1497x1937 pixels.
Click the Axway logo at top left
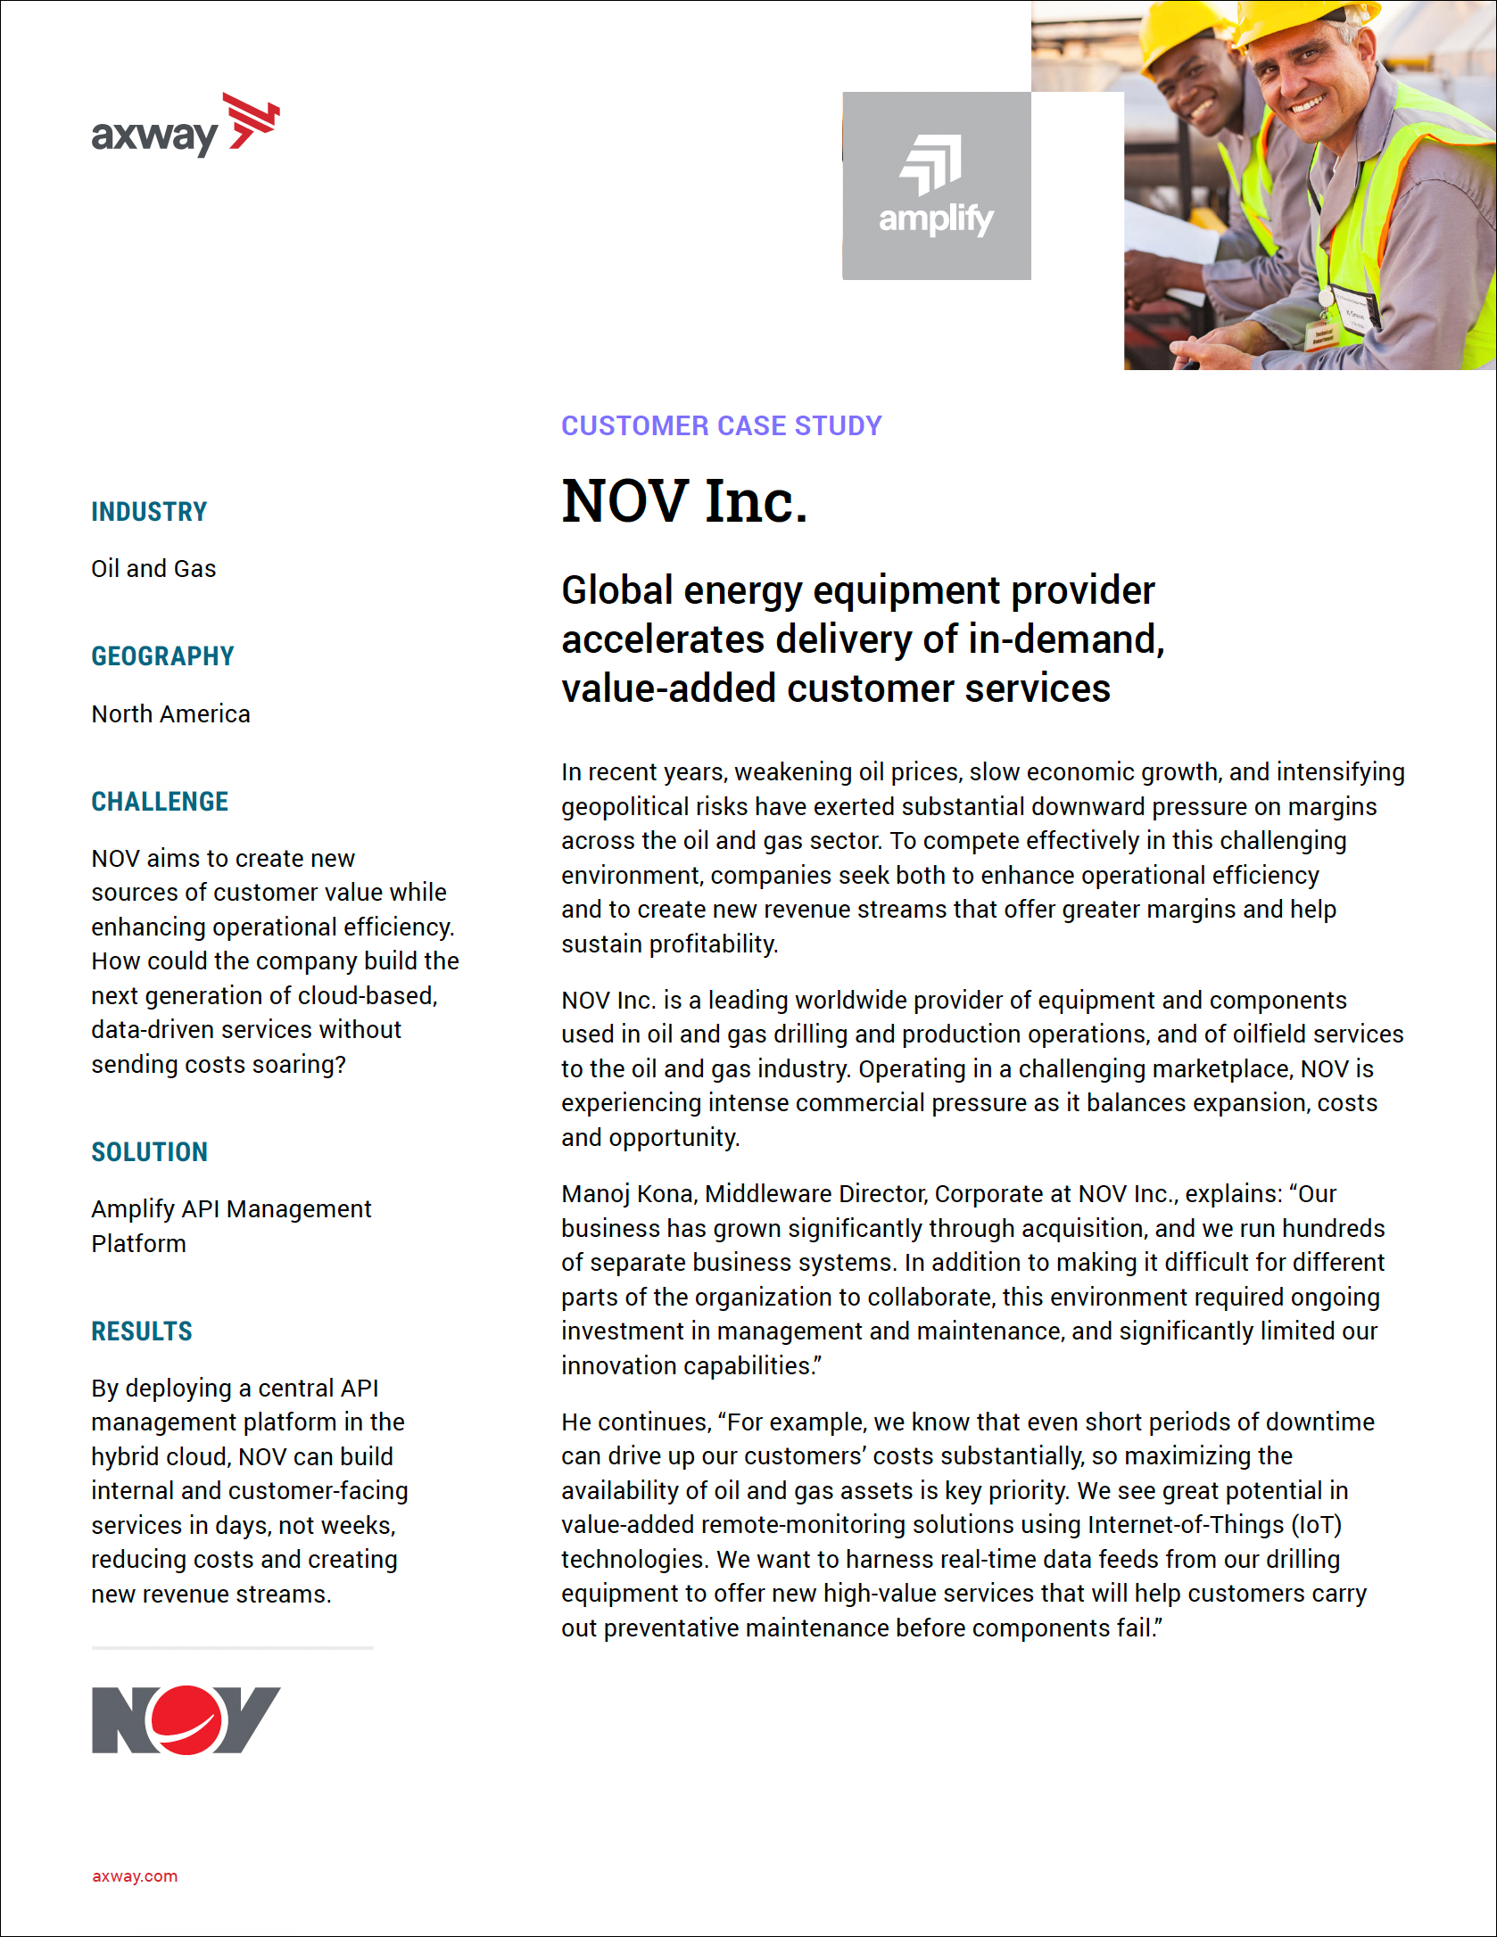tap(185, 127)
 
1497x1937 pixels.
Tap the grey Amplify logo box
tap(936, 185)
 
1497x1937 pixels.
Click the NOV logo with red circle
tap(186, 1719)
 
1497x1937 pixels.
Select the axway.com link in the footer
tap(135, 1875)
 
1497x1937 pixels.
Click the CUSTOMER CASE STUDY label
tap(721, 425)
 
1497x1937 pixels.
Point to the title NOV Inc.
tap(684, 501)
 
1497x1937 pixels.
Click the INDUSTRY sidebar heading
tap(149, 512)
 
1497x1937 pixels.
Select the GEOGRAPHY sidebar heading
tap(162, 656)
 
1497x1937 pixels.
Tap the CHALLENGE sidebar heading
tap(160, 802)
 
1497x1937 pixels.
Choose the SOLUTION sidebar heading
tap(149, 1152)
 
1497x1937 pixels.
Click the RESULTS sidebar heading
tap(142, 1331)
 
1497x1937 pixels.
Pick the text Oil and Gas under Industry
tap(153, 569)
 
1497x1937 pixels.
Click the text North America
tap(170, 714)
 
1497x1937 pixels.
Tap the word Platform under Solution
tap(138, 1244)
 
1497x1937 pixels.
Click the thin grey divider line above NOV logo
tap(232, 1648)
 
